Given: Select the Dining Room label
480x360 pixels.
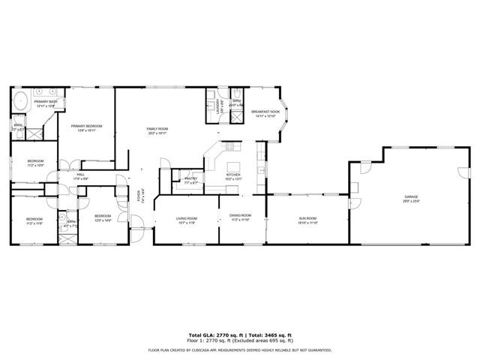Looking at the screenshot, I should click(x=240, y=217).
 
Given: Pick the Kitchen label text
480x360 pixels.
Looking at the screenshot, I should click(x=233, y=176).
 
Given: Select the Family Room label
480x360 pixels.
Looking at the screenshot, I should click(x=157, y=130).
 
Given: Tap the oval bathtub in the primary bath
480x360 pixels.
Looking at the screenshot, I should click(x=20, y=98).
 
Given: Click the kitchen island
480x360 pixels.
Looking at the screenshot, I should click(x=235, y=166).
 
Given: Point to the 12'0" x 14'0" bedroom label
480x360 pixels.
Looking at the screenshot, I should click(x=102, y=219).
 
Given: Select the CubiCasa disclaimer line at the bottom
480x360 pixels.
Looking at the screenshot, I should click(x=240, y=349).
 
